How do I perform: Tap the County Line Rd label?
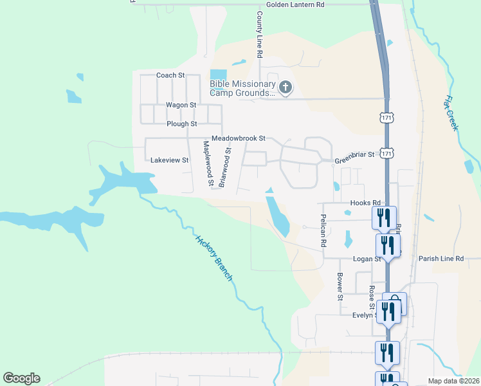(260, 35)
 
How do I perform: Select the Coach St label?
(170, 75)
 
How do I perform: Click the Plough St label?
(181, 124)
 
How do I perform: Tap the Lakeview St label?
(169, 160)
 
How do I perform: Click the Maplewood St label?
(208, 164)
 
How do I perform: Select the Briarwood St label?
(224, 167)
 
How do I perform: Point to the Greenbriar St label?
(354, 155)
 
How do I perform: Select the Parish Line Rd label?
(441, 259)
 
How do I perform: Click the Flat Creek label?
(451, 113)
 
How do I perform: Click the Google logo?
(21, 378)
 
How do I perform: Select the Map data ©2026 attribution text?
(454, 380)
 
